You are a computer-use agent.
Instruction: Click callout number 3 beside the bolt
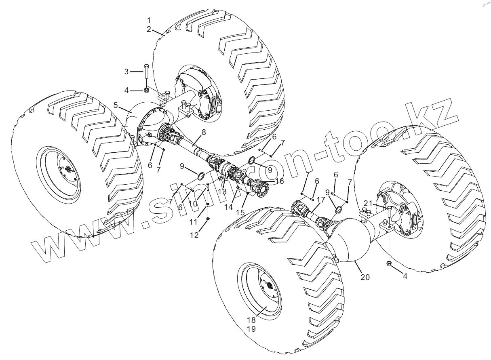click(126, 72)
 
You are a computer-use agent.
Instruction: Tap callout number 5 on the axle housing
click(116, 105)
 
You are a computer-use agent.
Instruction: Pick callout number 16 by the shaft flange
click(280, 181)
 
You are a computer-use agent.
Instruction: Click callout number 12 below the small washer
click(195, 235)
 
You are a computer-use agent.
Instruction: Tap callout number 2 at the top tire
click(149, 29)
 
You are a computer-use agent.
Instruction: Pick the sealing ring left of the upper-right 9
click(251, 160)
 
